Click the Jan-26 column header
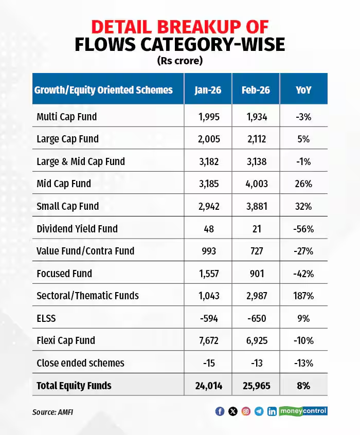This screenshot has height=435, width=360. click(208, 90)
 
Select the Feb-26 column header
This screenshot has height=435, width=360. click(256, 90)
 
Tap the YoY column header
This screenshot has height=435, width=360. click(303, 90)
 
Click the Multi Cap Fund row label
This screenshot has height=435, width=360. click(66, 117)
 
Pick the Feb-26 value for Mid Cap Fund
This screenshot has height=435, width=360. click(256, 184)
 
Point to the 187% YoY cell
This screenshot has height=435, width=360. click(303, 296)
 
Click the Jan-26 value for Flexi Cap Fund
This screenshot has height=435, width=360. click(208, 340)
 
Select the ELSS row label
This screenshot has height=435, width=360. click(46, 318)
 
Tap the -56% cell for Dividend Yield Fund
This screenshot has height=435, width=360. click(303, 228)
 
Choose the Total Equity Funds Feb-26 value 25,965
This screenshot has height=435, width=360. click(256, 386)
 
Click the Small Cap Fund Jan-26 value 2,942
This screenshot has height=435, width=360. click(208, 206)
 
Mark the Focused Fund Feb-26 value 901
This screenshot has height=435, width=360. click(256, 274)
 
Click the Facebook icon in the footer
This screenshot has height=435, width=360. click(220, 411)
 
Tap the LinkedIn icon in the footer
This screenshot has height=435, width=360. click(272, 411)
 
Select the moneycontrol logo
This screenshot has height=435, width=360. click(303, 411)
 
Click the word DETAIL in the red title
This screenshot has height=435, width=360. click(135, 27)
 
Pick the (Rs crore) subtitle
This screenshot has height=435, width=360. click(179, 61)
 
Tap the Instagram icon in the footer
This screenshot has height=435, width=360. click(246, 411)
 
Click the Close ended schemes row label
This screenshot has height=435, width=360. click(80, 363)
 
